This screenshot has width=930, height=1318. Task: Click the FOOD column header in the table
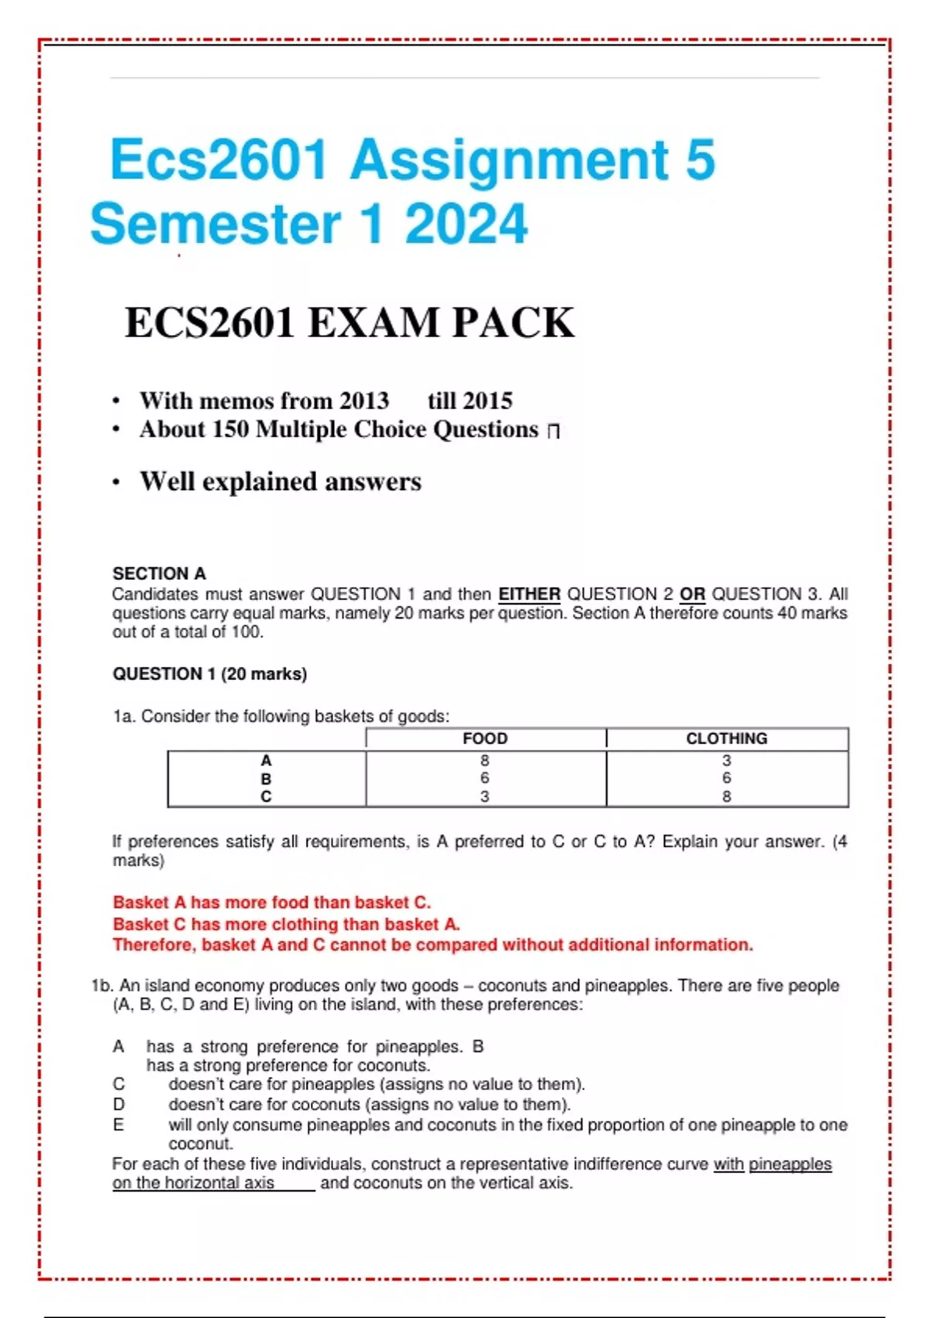coord(485,738)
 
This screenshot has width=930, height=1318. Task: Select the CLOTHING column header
coord(726,738)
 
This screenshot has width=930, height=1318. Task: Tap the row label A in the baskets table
coord(266,761)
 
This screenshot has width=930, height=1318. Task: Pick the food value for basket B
coord(485,778)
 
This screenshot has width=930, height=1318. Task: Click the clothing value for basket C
coord(726,796)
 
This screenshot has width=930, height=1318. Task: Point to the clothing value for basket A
coord(726,761)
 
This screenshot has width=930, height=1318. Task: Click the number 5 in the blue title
coord(700,160)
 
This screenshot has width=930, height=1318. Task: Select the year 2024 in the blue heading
coord(467,224)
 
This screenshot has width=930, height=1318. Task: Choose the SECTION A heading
coord(159,574)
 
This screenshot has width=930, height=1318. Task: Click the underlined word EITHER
coord(529,595)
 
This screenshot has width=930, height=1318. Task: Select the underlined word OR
coord(692,595)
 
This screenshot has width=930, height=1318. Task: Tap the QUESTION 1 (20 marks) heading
coord(209,674)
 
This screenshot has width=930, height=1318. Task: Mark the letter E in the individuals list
coord(119,1125)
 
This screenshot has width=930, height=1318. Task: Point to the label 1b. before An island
coord(102,986)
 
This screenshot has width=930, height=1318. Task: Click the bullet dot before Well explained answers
coord(116,482)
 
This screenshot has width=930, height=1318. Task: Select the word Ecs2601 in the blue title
coord(219,160)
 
